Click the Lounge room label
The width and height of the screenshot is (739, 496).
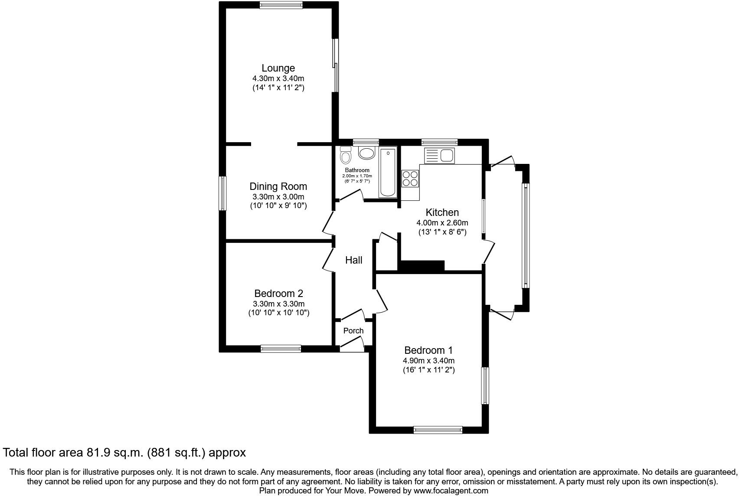278,68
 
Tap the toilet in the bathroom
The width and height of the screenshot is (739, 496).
346,155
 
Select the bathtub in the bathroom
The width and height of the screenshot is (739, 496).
388,172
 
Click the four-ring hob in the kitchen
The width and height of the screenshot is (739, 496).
410,178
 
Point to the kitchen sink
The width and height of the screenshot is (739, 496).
439,155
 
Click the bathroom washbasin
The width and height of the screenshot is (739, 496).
366,153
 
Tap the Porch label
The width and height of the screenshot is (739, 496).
353,331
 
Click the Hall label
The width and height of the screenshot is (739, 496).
353,260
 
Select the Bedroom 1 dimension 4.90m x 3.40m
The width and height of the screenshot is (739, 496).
428,361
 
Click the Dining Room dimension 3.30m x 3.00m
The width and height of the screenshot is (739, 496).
278,197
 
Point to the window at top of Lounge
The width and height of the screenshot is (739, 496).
281,5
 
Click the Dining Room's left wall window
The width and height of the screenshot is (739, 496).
222,193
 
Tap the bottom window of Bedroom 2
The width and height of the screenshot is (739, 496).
281,349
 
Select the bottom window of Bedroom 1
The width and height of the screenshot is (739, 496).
438,430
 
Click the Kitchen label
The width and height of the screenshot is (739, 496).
442,212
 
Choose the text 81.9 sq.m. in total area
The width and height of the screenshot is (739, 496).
114,453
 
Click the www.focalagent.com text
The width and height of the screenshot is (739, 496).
451,491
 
